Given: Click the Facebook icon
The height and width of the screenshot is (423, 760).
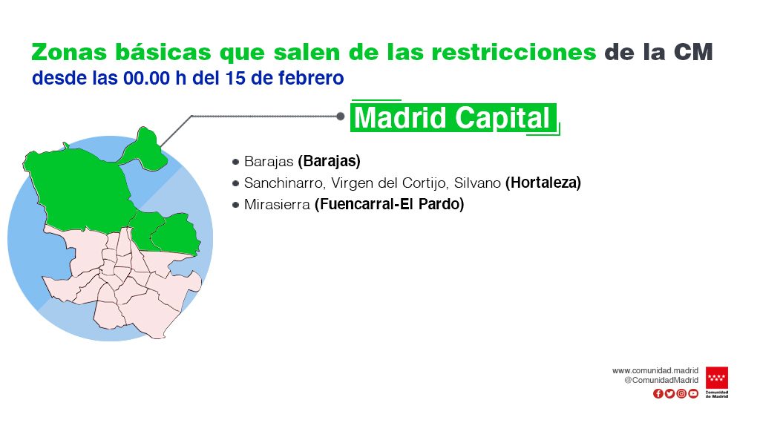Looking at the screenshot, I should click(x=658, y=393).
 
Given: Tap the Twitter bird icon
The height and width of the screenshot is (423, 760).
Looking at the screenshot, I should click(x=669, y=393).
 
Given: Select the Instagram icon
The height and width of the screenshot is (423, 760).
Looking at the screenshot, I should click(x=681, y=393).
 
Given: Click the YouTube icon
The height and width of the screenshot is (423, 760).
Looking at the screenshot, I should click(x=693, y=393).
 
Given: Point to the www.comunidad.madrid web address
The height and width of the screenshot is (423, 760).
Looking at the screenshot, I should click(x=655, y=370).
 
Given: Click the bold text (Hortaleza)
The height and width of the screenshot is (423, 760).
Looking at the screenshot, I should click(x=543, y=183).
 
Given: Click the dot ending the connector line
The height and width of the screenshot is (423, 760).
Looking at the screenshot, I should click(x=340, y=116).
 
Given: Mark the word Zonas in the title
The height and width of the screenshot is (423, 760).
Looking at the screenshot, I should click(x=65, y=52).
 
